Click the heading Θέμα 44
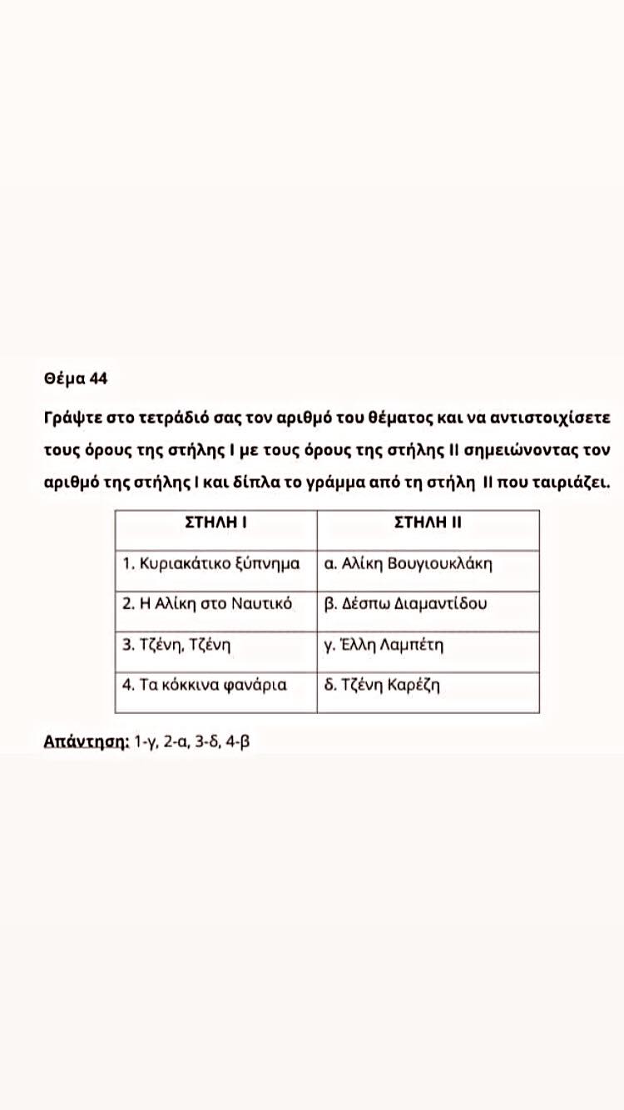pyautogui.click(x=76, y=379)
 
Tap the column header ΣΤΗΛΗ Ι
pyautogui.click(x=216, y=523)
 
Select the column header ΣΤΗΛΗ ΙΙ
pyautogui.click(x=428, y=523)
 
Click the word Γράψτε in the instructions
pyautogui.click(x=72, y=415)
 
